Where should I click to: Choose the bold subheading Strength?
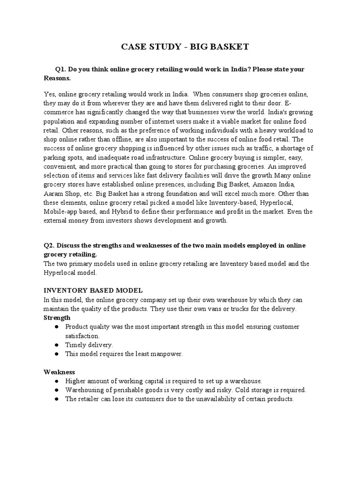(x=57, y=318)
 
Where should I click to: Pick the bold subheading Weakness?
(x=60, y=372)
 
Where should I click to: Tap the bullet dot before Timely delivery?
(x=56, y=345)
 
